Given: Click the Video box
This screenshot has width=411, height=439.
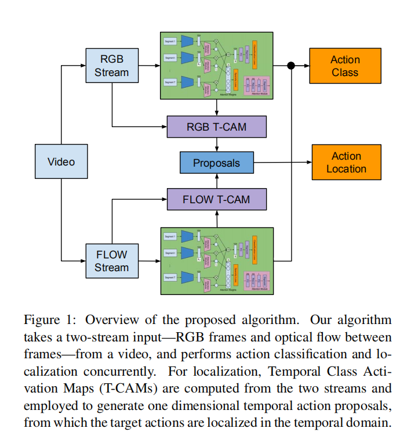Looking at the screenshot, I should tap(61, 161).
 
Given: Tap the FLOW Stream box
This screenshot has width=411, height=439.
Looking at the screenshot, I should tap(111, 261).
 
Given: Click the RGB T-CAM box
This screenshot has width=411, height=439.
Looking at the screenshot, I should tap(216, 127).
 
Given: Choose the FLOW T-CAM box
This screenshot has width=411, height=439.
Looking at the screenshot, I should tap(216, 199).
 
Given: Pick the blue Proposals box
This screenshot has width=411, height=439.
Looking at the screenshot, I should tap(216, 163).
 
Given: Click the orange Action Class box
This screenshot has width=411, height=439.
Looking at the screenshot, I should tap(345, 66).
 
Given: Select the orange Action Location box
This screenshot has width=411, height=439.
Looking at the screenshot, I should tap(347, 163).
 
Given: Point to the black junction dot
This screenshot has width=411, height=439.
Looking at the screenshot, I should tap(291, 66).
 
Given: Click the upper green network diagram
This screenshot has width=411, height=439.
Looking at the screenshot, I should tap(216, 65).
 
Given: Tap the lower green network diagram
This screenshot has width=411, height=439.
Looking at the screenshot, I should tap(216, 260).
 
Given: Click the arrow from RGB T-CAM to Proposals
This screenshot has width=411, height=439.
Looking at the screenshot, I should tap(216, 145).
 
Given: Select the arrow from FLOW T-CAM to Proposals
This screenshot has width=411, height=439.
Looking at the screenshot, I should tap(216, 181).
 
